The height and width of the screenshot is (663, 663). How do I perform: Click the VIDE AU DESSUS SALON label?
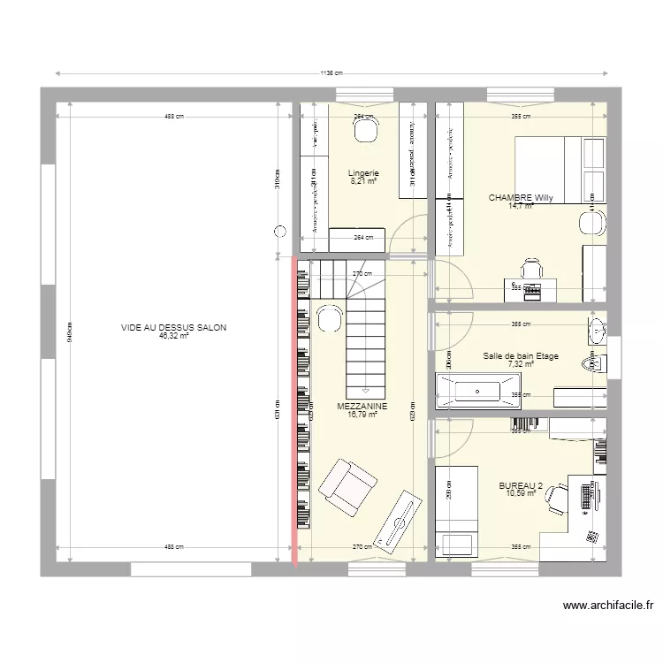[x=174, y=327]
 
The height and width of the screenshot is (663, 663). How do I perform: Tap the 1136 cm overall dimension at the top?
[x=331, y=74]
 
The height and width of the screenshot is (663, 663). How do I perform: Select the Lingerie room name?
[x=363, y=173]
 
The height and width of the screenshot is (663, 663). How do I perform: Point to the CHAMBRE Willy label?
[x=521, y=198]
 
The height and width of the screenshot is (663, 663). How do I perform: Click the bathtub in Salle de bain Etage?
[x=476, y=389]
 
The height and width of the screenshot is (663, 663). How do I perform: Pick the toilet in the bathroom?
[x=591, y=363]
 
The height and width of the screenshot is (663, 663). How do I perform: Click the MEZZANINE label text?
[x=362, y=406]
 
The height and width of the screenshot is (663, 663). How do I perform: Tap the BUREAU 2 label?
[x=521, y=485]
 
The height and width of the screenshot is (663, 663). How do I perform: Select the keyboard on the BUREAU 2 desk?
[x=584, y=495]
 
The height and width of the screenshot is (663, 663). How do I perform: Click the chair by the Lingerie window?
[x=364, y=131]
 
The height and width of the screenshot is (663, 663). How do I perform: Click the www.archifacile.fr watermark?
[x=609, y=606]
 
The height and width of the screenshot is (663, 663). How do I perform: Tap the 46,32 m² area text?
[x=174, y=336]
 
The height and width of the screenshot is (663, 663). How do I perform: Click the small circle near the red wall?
[x=280, y=232]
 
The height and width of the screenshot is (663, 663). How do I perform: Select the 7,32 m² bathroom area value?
[x=521, y=364]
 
